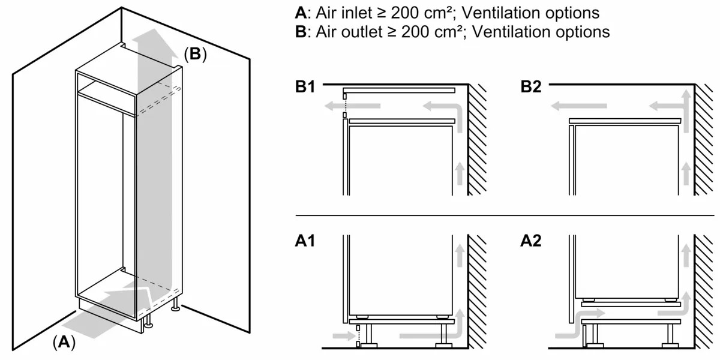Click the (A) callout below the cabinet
[x=64, y=342]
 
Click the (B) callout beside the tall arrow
[x=194, y=55]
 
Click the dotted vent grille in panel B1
[x=344, y=106]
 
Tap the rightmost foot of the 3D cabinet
[x=175, y=308]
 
